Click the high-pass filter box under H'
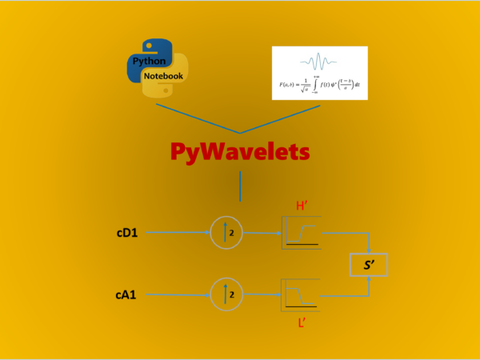pyautogui.click(x=301, y=232)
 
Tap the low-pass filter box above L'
pyautogui.click(x=301, y=294)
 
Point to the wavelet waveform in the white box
pyautogui.click(x=319, y=61)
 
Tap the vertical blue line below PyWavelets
pyautogui.click(x=240, y=186)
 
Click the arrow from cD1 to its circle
pyautogui.click(x=178, y=234)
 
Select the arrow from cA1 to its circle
pyautogui.click(x=178, y=295)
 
